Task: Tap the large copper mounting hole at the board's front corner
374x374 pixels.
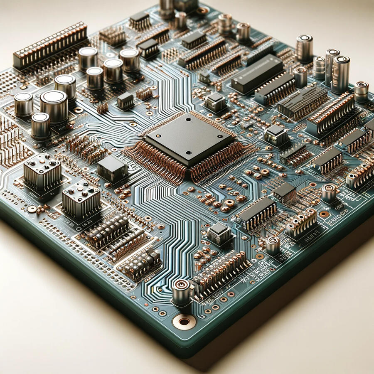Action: (x=184, y=322)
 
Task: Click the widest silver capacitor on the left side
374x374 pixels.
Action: (x=54, y=106)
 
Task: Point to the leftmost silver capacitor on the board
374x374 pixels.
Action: (x=23, y=104)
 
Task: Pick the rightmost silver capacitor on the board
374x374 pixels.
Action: (x=361, y=91)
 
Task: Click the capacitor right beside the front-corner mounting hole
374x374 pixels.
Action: (x=181, y=292)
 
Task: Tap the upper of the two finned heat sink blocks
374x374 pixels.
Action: (x=42, y=171)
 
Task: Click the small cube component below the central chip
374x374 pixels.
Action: (x=219, y=233)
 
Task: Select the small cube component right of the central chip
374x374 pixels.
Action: (x=276, y=135)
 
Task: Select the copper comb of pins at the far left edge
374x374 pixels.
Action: (x=10, y=141)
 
